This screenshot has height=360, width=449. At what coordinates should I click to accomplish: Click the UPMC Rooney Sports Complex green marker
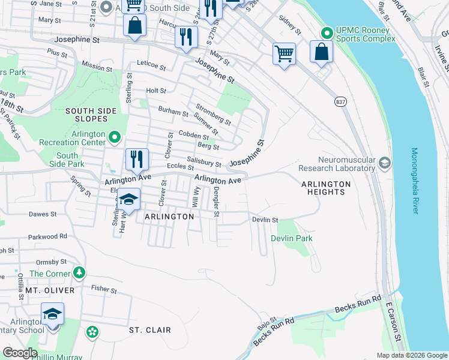click(x=327, y=32)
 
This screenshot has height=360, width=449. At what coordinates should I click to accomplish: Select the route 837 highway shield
click(x=340, y=102)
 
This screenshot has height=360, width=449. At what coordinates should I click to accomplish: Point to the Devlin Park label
click(x=292, y=238)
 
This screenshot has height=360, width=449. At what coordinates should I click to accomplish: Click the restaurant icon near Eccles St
click(x=136, y=160)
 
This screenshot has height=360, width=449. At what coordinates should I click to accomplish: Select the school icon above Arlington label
click(x=128, y=199)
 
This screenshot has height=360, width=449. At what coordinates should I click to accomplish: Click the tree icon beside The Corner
click(x=79, y=274)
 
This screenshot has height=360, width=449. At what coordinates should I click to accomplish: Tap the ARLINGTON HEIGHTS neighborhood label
click(x=323, y=188)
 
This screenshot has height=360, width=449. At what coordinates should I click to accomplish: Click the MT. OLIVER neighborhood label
click(x=50, y=290)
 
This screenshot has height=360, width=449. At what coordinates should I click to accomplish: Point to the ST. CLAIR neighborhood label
click(x=150, y=330)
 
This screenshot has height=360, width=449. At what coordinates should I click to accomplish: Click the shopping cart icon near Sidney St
click(x=284, y=53)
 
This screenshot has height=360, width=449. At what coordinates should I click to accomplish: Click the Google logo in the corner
click(x=20, y=353)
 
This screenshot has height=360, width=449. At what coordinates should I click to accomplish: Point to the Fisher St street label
click(x=104, y=289)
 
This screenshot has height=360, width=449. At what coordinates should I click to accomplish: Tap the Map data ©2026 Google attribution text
click(x=411, y=355)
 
